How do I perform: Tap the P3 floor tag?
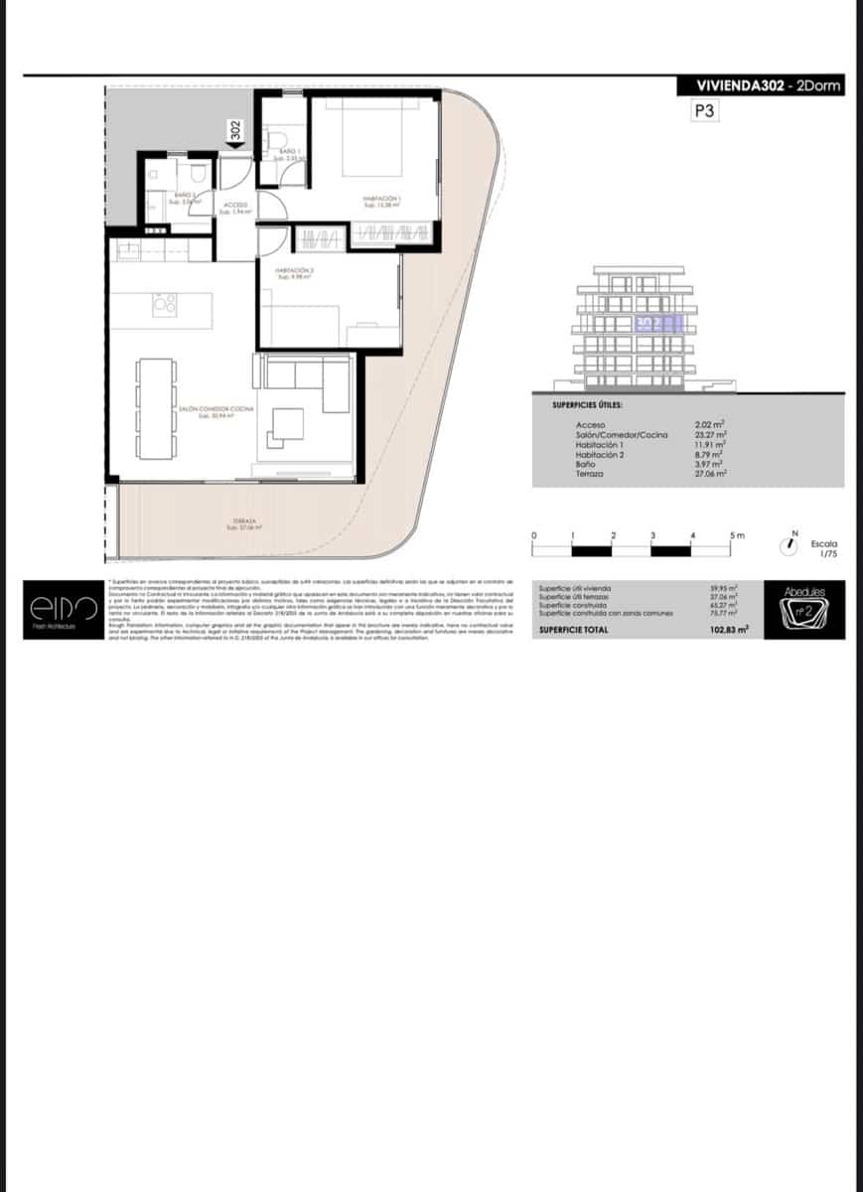[x=704, y=112]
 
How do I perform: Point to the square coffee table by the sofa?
[x=289, y=424]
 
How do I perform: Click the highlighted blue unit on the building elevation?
[x=658, y=323]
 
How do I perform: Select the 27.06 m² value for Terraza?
[x=711, y=475]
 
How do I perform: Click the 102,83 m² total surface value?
[x=728, y=630]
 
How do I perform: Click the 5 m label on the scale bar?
[x=736, y=535]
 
